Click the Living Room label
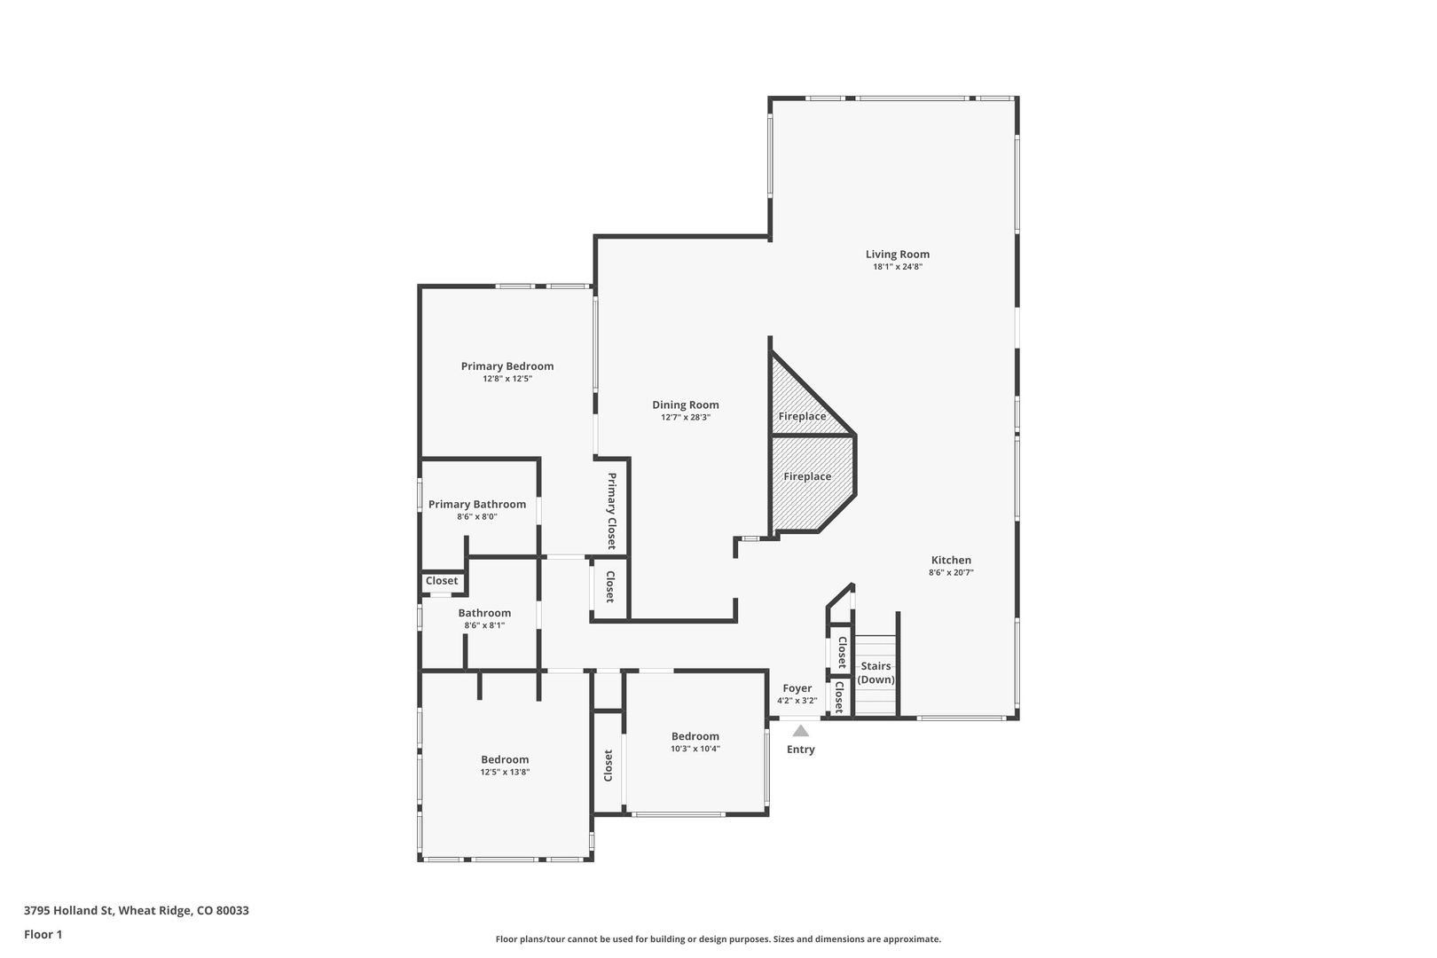point(897,254)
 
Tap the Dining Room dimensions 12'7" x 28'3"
point(685,417)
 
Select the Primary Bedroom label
point(506,366)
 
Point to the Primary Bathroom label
point(476,505)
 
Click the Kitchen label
point(951,561)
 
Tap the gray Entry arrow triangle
point(800,730)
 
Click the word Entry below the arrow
point(801,750)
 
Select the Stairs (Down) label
point(876,672)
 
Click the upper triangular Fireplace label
point(802,416)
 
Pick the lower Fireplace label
point(807,476)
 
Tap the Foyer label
point(797,688)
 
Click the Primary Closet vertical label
point(611,511)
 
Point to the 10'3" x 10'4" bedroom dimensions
point(695,748)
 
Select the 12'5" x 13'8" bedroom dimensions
point(505,772)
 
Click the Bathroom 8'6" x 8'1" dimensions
point(484,625)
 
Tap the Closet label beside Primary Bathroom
point(442,581)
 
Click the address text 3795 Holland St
point(68,910)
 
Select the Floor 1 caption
point(43,934)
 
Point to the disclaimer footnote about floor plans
point(718,938)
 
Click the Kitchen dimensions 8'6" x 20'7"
point(951,572)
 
